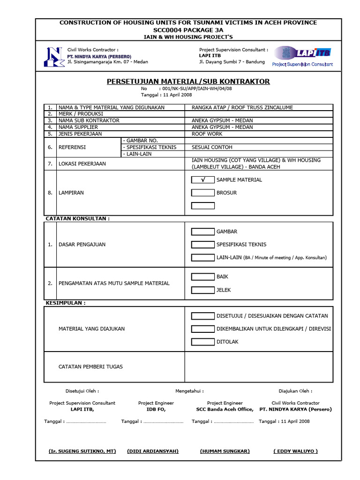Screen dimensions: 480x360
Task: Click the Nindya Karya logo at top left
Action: pyautogui.click(x=52, y=57)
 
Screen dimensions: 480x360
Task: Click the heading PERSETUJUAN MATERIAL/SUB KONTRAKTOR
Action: pyautogui.click(x=188, y=82)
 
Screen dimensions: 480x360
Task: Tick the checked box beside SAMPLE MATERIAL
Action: pyautogui.click(x=203, y=180)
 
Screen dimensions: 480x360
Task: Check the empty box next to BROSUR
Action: pyautogui.click(x=203, y=193)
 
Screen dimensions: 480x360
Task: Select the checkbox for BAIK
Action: pyautogui.click(x=203, y=277)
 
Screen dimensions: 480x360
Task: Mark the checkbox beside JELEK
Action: pyautogui.click(x=203, y=290)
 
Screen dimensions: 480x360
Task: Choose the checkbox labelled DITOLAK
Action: pyautogui.click(x=203, y=342)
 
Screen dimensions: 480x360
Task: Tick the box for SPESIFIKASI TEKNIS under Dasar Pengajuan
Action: pyautogui.click(x=203, y=244)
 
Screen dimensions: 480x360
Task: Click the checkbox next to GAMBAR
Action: pyautogui.click(x=203, y=232)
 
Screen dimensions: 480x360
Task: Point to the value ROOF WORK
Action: pyautogui.click(x=207, y=134)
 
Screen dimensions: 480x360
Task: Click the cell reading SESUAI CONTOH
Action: pyautogui.click(x=212, y=147)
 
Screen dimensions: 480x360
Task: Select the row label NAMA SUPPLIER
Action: pyautogui.click(x=78, y=127)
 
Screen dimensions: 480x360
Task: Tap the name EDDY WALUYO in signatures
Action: pyautogui.click(x=295, y=451)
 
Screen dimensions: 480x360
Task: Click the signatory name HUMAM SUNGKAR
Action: pyautogui.click(x=225, y=451)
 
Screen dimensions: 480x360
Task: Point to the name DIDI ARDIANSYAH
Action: pyautogui.click(x=153, y=451)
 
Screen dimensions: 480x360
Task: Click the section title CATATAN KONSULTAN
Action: pyautogui.click(x=77, y=218)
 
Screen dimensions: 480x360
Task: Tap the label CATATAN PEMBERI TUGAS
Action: pyautogui.click(x=90, y=367)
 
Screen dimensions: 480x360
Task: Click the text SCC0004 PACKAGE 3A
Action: pyautogui.click(x=188, y=30)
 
